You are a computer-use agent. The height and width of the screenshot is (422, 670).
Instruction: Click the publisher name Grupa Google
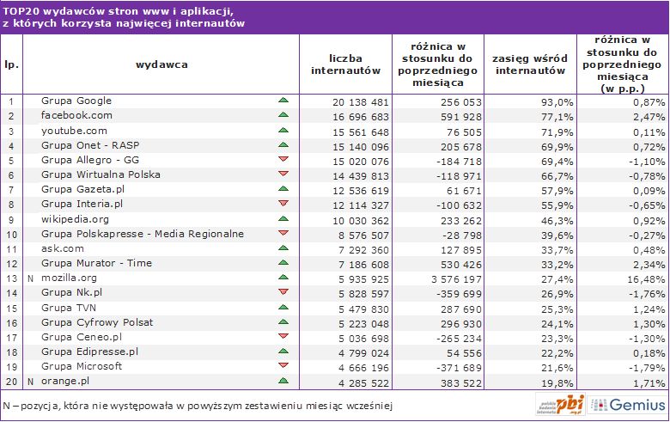tap(76, 101)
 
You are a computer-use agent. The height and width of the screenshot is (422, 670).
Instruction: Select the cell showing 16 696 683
tap(362, 115)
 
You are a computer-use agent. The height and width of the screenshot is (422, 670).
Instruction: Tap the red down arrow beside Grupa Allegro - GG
tap(283, 160)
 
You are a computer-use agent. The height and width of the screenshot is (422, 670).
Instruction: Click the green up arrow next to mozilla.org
tap(283, 278)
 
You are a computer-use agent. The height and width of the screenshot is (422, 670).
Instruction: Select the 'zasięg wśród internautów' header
tap(528, 64)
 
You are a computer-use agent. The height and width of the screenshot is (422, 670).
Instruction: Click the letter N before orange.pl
tap(30, 380)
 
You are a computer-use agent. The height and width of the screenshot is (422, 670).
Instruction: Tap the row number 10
tap(11, 234)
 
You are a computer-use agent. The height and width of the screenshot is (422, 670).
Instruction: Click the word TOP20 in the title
tap(21, 10)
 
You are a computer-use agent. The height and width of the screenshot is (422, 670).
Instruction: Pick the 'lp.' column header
tap(11, 64)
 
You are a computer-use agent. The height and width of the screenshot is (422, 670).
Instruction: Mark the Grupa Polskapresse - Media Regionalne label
tap(143, 234)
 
